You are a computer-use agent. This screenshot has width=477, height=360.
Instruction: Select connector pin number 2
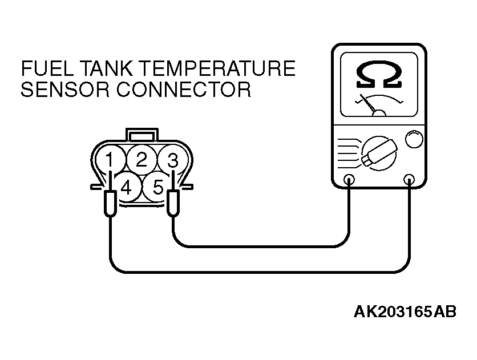(142, 159)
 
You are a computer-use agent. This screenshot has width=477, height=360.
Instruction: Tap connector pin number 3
(172, 160)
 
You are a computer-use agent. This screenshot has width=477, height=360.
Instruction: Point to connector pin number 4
(126, 187)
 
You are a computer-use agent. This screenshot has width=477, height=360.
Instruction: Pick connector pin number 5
(158, 187)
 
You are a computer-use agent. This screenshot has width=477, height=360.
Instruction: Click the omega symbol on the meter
(379, 75)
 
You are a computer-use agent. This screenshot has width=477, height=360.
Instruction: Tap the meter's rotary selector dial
(379, 153)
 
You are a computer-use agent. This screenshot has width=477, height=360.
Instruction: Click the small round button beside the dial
(414, 139)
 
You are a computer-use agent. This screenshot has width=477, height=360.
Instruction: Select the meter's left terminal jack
(349, 180)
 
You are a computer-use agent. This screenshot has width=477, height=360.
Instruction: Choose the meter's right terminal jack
(409, 180)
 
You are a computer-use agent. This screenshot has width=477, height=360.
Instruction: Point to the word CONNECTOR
(184, 89)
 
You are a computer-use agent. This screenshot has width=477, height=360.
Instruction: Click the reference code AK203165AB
(405, 312)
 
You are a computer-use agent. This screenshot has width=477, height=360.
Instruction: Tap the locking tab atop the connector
(142, 135)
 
